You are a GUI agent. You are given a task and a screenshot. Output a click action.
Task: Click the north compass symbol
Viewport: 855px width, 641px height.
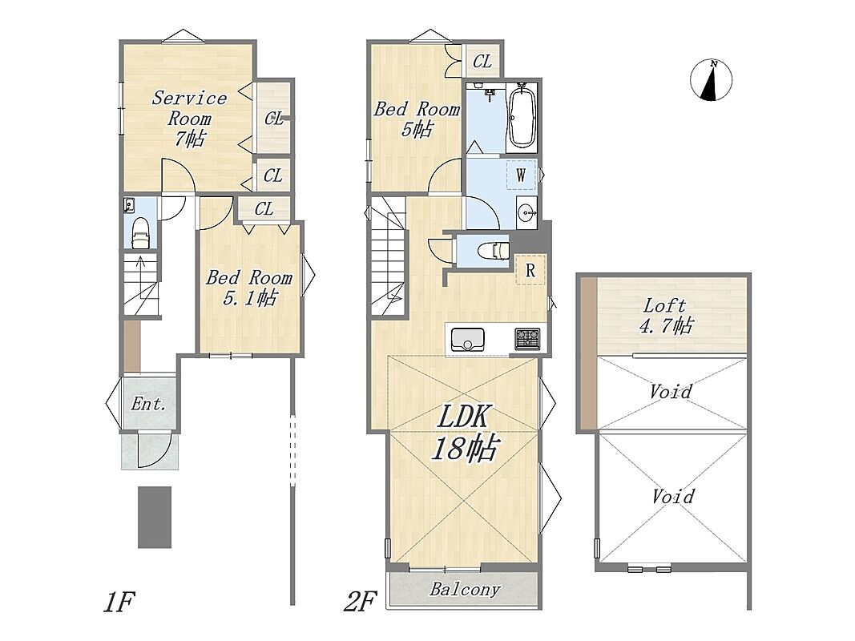(x=711, y=79)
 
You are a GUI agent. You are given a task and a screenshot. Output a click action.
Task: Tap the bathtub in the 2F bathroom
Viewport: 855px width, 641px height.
(x=522, y=115)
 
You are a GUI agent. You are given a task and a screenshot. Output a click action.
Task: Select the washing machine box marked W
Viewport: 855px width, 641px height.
(x=522, y=175)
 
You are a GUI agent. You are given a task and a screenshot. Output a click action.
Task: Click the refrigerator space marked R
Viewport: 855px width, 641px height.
(x=530, y=270)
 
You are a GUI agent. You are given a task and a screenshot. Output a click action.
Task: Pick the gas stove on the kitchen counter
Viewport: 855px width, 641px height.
(x=527, y=339)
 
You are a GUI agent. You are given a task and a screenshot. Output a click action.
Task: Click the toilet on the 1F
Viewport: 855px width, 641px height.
(x=141, y=232)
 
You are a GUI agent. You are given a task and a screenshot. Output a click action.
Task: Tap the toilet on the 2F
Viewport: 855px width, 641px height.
(x=492, y=251)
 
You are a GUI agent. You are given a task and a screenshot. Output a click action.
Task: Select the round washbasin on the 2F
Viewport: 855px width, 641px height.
(x=526, y=212)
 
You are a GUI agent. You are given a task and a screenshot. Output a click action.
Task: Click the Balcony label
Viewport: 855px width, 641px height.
(x=465, y=589)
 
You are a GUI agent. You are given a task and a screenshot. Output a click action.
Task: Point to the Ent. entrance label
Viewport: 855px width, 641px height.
(x=148, y=404)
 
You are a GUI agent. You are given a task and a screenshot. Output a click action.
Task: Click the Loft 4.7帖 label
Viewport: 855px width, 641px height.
(x=665, y=315)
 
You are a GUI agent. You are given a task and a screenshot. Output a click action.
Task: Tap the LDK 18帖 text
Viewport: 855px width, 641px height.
(x=464, y=433)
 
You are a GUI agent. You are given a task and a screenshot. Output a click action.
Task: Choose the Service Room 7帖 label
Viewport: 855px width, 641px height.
(x=188, y=119)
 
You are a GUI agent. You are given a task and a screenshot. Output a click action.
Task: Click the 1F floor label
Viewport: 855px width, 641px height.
(x=119, y=602)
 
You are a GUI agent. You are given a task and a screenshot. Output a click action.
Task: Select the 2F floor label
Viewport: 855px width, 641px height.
(x=360, y=602)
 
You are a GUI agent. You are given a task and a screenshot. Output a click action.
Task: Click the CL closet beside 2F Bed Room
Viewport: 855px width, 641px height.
(x=482, y=62)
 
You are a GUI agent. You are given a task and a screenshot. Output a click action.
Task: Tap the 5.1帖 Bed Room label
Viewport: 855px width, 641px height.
(x=249, y=288)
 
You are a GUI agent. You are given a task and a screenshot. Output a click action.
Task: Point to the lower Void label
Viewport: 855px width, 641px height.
(x=673, y=497)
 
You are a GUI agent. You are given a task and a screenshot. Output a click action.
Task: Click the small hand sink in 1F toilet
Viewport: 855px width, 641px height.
(x=129, y=205)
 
